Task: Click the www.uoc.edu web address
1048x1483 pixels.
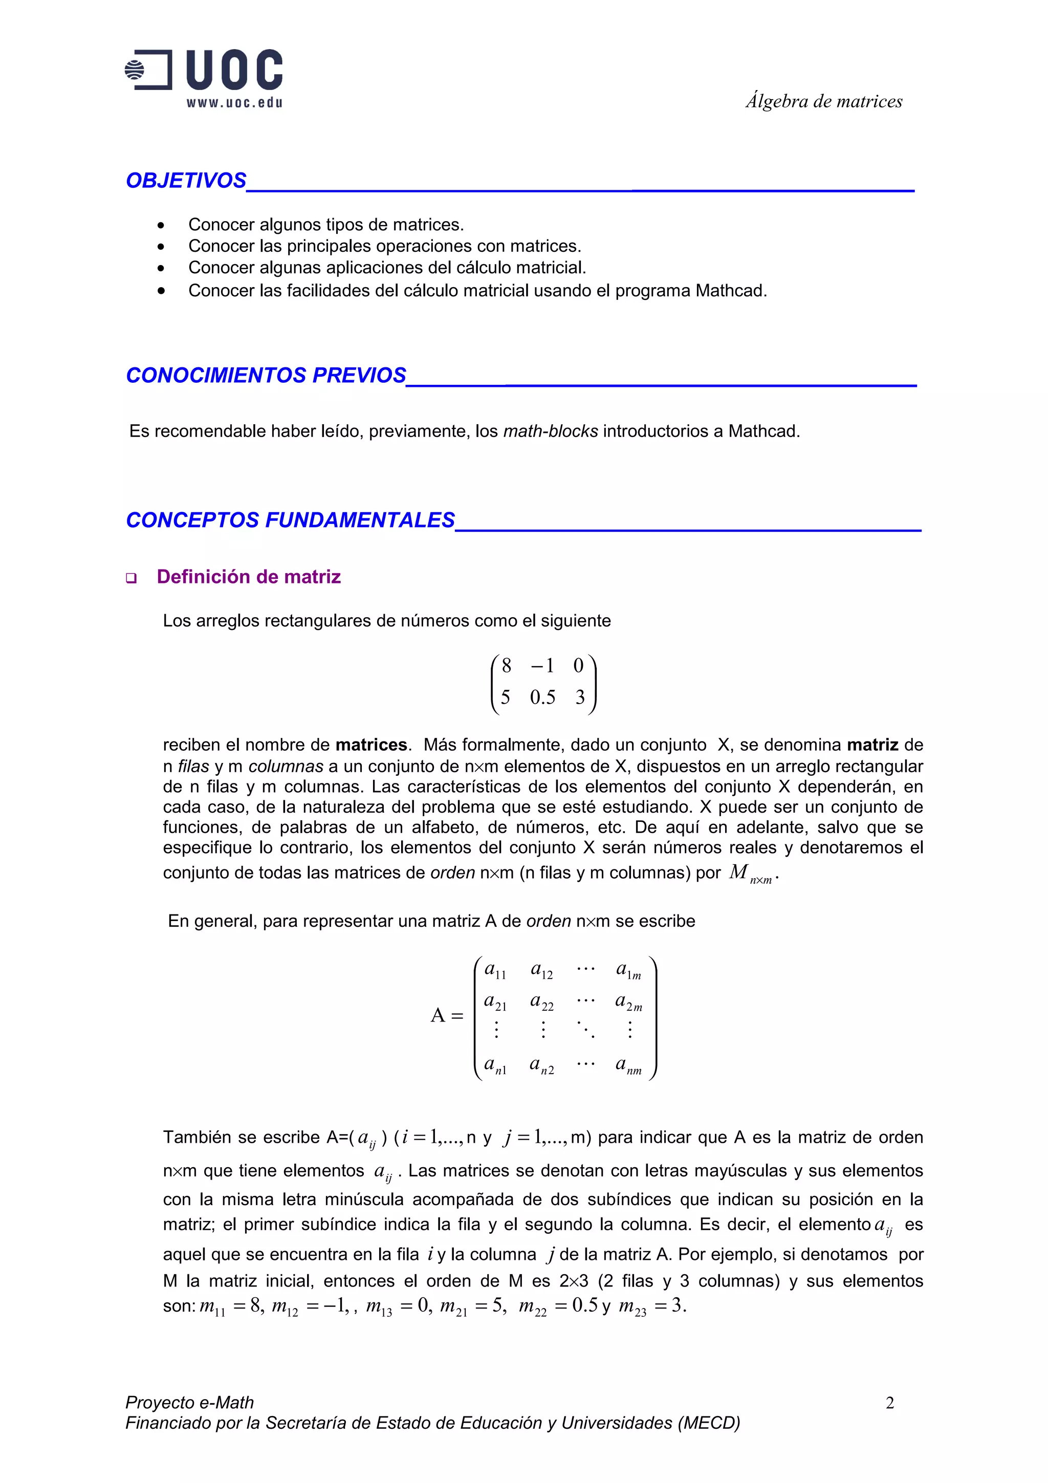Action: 234,103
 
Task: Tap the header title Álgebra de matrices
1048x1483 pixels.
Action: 823,101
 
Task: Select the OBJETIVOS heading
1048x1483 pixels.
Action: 186,180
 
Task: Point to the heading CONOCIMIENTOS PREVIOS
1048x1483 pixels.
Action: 266,375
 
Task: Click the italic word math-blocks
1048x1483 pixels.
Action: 550,431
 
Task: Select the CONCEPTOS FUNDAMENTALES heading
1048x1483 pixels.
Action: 290,520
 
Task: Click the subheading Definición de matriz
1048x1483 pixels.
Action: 249,576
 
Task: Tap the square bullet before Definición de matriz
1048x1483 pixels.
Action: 132,578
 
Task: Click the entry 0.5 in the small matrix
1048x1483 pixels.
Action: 542,697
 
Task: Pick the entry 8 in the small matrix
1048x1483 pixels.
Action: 506,665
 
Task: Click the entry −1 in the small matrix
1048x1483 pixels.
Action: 542,665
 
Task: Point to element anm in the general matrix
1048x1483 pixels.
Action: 628,1064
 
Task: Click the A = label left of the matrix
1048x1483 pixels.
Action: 447,1015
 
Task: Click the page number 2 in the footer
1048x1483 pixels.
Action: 889,1402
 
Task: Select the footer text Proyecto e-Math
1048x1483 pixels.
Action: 189,1402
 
